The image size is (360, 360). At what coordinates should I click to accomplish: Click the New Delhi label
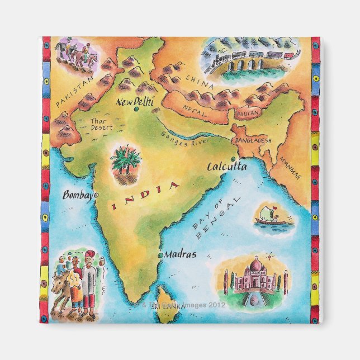[134, 102]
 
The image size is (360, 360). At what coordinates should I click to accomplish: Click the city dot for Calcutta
[233, 159]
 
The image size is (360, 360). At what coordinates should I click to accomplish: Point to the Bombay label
[78, 196]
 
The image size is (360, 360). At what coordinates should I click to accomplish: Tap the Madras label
[181, 254]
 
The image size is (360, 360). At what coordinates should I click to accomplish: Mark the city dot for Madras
[161, 255]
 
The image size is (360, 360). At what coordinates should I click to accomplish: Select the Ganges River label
[185, 138]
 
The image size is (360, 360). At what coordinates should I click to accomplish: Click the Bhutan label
[248, 112]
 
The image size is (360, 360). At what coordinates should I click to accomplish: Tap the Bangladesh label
[253, 140]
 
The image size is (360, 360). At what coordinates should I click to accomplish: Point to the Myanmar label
[290, 167]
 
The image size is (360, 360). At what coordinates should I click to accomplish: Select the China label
[200, 83]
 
